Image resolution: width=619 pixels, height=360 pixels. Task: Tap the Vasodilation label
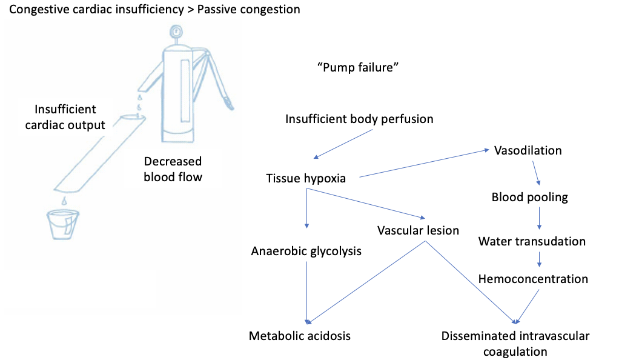click(528, 150)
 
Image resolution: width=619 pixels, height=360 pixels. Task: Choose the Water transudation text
click(532, 241)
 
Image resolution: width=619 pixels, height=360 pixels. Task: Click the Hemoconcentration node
click(533, 279)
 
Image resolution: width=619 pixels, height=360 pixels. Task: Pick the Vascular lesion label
click(418, 230)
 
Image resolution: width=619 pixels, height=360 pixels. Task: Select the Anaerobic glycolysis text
click(306, 251)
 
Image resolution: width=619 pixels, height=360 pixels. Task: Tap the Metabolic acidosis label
click(300, 335)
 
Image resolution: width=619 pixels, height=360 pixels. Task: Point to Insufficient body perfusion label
click(359, 119)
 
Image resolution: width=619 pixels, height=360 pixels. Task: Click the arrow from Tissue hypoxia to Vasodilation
click(424, 164)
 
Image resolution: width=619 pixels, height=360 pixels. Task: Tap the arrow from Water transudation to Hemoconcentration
click(538, 259)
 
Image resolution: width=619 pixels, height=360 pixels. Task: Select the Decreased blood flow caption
click(173, 170)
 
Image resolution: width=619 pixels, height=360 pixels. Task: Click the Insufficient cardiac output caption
click(65, 118)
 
